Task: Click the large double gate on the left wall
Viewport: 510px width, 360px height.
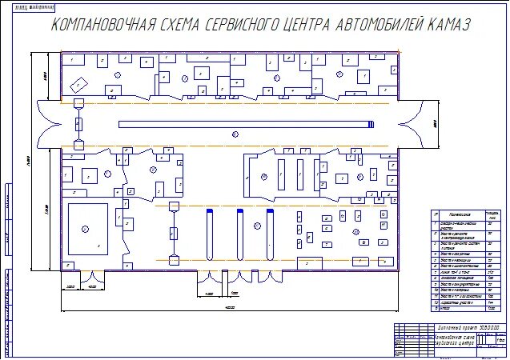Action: click(x=46, y=124)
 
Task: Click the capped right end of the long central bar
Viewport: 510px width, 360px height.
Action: click(x=370, y=124)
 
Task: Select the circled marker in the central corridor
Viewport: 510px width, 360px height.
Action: click(x=235, y=134)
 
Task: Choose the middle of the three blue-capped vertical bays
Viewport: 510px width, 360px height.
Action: click(x=239, y=234)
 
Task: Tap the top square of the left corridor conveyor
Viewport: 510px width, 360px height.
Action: click(x=78, y=104)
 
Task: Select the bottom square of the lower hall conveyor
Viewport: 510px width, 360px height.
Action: click(x=172, y=260)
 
